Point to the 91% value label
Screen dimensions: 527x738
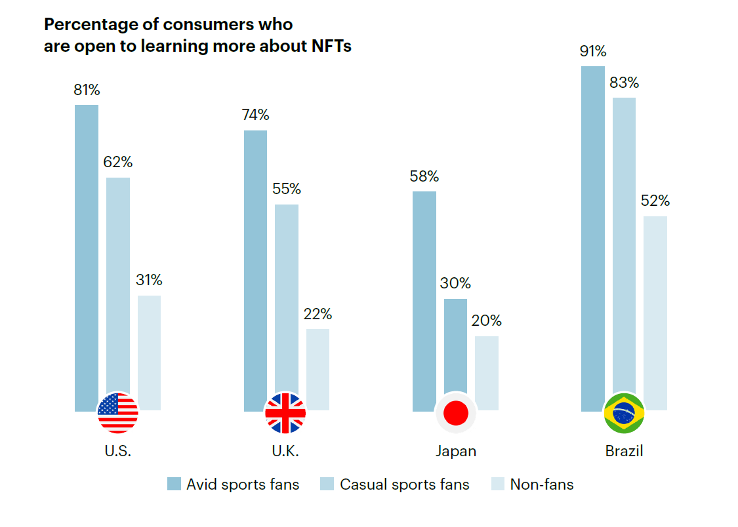593,52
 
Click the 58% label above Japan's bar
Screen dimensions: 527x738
424,177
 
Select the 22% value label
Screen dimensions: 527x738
318,315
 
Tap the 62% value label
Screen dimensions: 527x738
118,163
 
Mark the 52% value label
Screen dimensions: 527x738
655,201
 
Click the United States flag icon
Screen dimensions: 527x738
118,413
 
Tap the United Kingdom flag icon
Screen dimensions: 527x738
285,413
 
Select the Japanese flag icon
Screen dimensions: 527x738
455,413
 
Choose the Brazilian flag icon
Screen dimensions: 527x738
624,413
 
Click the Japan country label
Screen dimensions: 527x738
455,452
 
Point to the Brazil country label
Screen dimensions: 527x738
624,452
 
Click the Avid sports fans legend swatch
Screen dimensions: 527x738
174,485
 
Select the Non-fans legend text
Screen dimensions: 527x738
542,485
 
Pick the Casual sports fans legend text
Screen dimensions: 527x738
405,485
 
